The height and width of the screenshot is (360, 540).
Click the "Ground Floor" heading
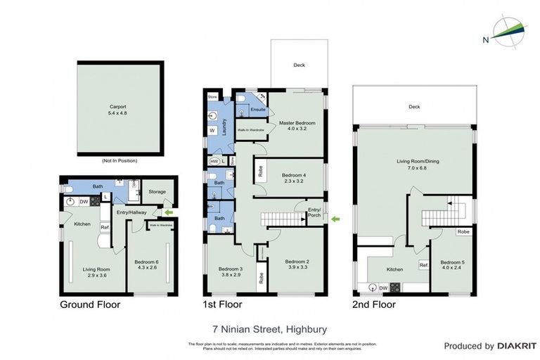[89, 304]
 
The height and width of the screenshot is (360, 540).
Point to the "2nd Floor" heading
[375, 304]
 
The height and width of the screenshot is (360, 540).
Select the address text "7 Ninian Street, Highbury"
[269, 328]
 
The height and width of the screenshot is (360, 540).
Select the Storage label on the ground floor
[157, 191]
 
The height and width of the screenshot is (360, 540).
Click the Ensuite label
[257, 110]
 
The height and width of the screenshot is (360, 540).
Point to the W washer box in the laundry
[212, 130]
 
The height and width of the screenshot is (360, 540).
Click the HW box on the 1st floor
[214, 161]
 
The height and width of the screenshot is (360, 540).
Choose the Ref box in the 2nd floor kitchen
[424, 265]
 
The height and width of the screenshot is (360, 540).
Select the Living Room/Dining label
[412, 165]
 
